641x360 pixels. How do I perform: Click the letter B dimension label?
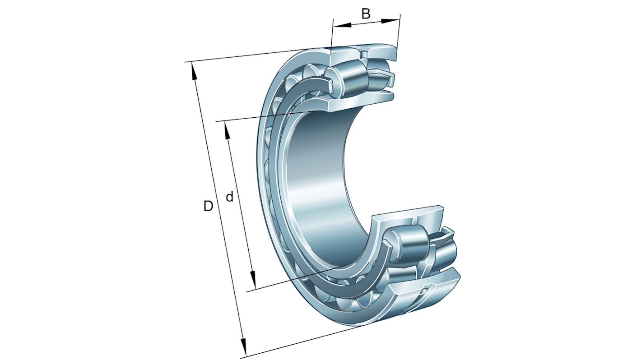(366, 14)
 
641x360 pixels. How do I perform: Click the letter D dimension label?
(208, 206)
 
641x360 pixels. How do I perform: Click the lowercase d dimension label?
(229, 197)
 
